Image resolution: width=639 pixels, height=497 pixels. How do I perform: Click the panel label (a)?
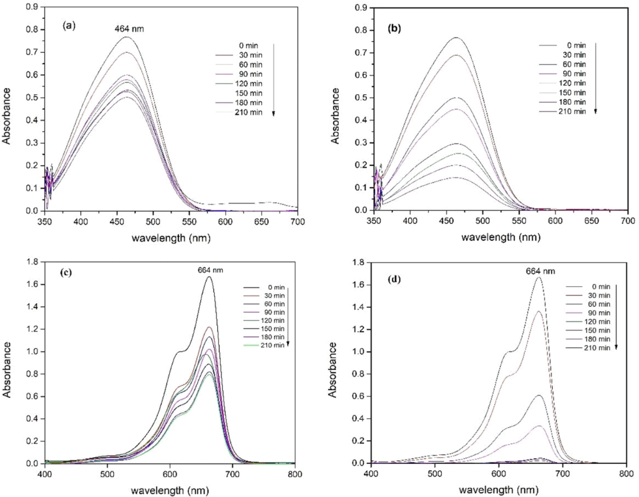click(x=69, y=26)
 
